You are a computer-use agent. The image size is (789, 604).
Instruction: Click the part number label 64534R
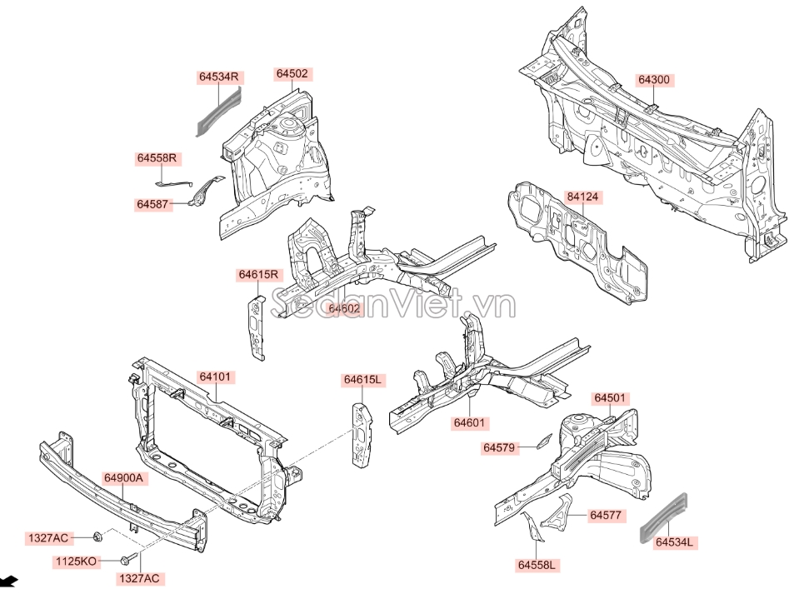pos(219,77)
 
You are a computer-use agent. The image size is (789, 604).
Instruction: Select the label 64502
pos(292,73)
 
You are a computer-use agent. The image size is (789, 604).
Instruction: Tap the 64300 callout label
pos(654,80)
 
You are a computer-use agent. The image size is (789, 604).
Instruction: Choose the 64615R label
pos(260,274)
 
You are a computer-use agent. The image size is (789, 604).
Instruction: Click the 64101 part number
pos(214,377)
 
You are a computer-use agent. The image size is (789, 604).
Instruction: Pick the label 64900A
pos(124,478)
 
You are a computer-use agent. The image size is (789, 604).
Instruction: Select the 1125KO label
pos(75,562)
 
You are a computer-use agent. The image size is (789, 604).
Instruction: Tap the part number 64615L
pos(362,380)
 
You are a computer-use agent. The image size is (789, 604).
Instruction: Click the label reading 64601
pos(469,423)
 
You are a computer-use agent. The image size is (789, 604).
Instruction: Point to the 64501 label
pos(610,398)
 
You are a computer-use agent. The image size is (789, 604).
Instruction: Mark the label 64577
pos(606,516)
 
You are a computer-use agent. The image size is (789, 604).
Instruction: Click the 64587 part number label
pos(154,203)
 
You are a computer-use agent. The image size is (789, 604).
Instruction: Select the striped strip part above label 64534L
pos(665,516)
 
